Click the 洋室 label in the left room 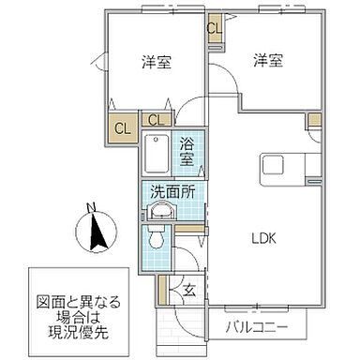point(155,63)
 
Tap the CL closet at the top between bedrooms point(215,27)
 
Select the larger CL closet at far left point(122,127)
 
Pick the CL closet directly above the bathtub point(156,120)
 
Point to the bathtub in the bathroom point(157,154)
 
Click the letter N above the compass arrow point(90,208)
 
